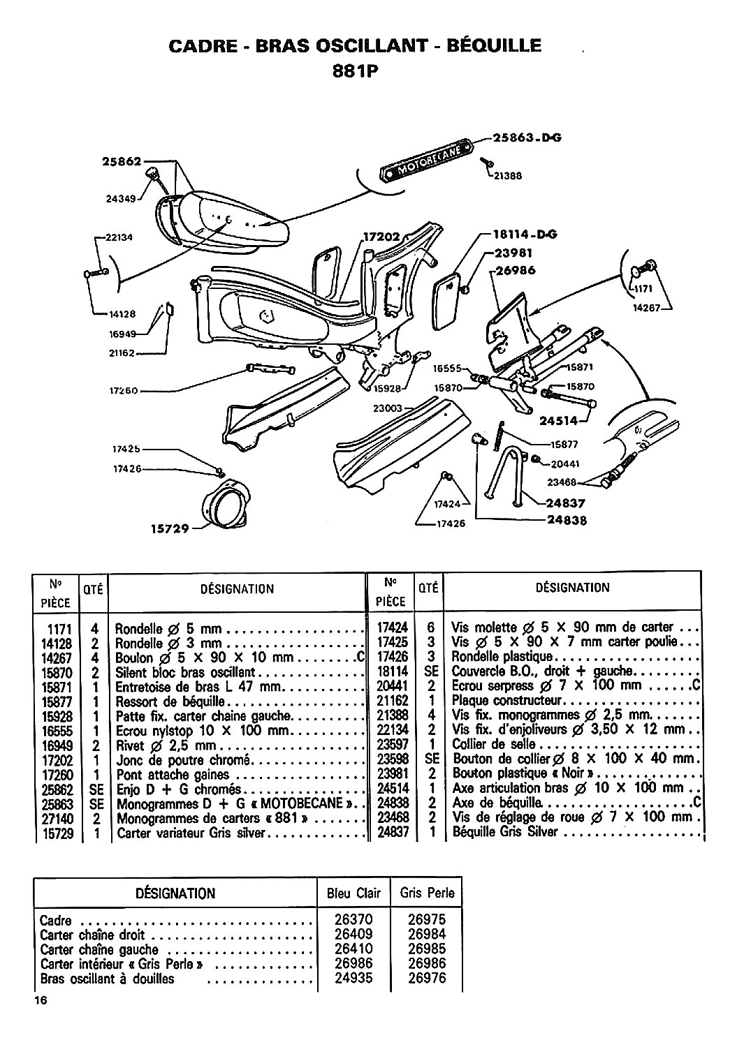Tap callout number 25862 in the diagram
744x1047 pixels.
pos(122,161)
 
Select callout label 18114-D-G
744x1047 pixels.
pos(525,234)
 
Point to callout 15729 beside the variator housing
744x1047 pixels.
pos(170,528)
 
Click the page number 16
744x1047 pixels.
pos(41,1000)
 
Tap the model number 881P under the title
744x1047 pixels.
pos(356,71)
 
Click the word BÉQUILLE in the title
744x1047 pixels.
pos(494,46)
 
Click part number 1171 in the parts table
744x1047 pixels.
pos(60,629)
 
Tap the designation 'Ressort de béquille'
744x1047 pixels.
pos(170,701)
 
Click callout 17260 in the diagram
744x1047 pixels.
pos(124,390)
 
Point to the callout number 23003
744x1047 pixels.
pos(388,408)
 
